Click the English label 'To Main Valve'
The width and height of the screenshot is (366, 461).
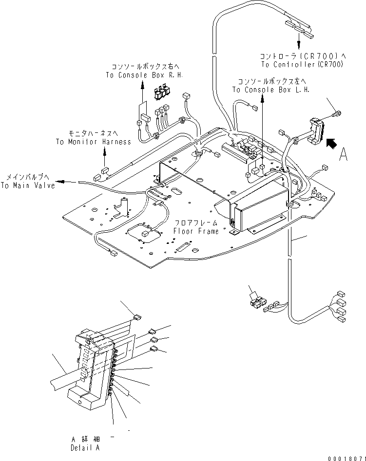pos(27,185)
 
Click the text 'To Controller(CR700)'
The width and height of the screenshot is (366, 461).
pos(302,64)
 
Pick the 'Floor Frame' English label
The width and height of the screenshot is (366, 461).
pos(198,231)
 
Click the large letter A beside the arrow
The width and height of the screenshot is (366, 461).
pos(344,154)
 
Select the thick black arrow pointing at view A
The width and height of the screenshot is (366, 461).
pos(332,143)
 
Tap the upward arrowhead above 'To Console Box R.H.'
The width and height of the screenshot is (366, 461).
pos(142,84)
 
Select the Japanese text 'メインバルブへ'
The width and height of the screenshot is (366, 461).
pos(28,178)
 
